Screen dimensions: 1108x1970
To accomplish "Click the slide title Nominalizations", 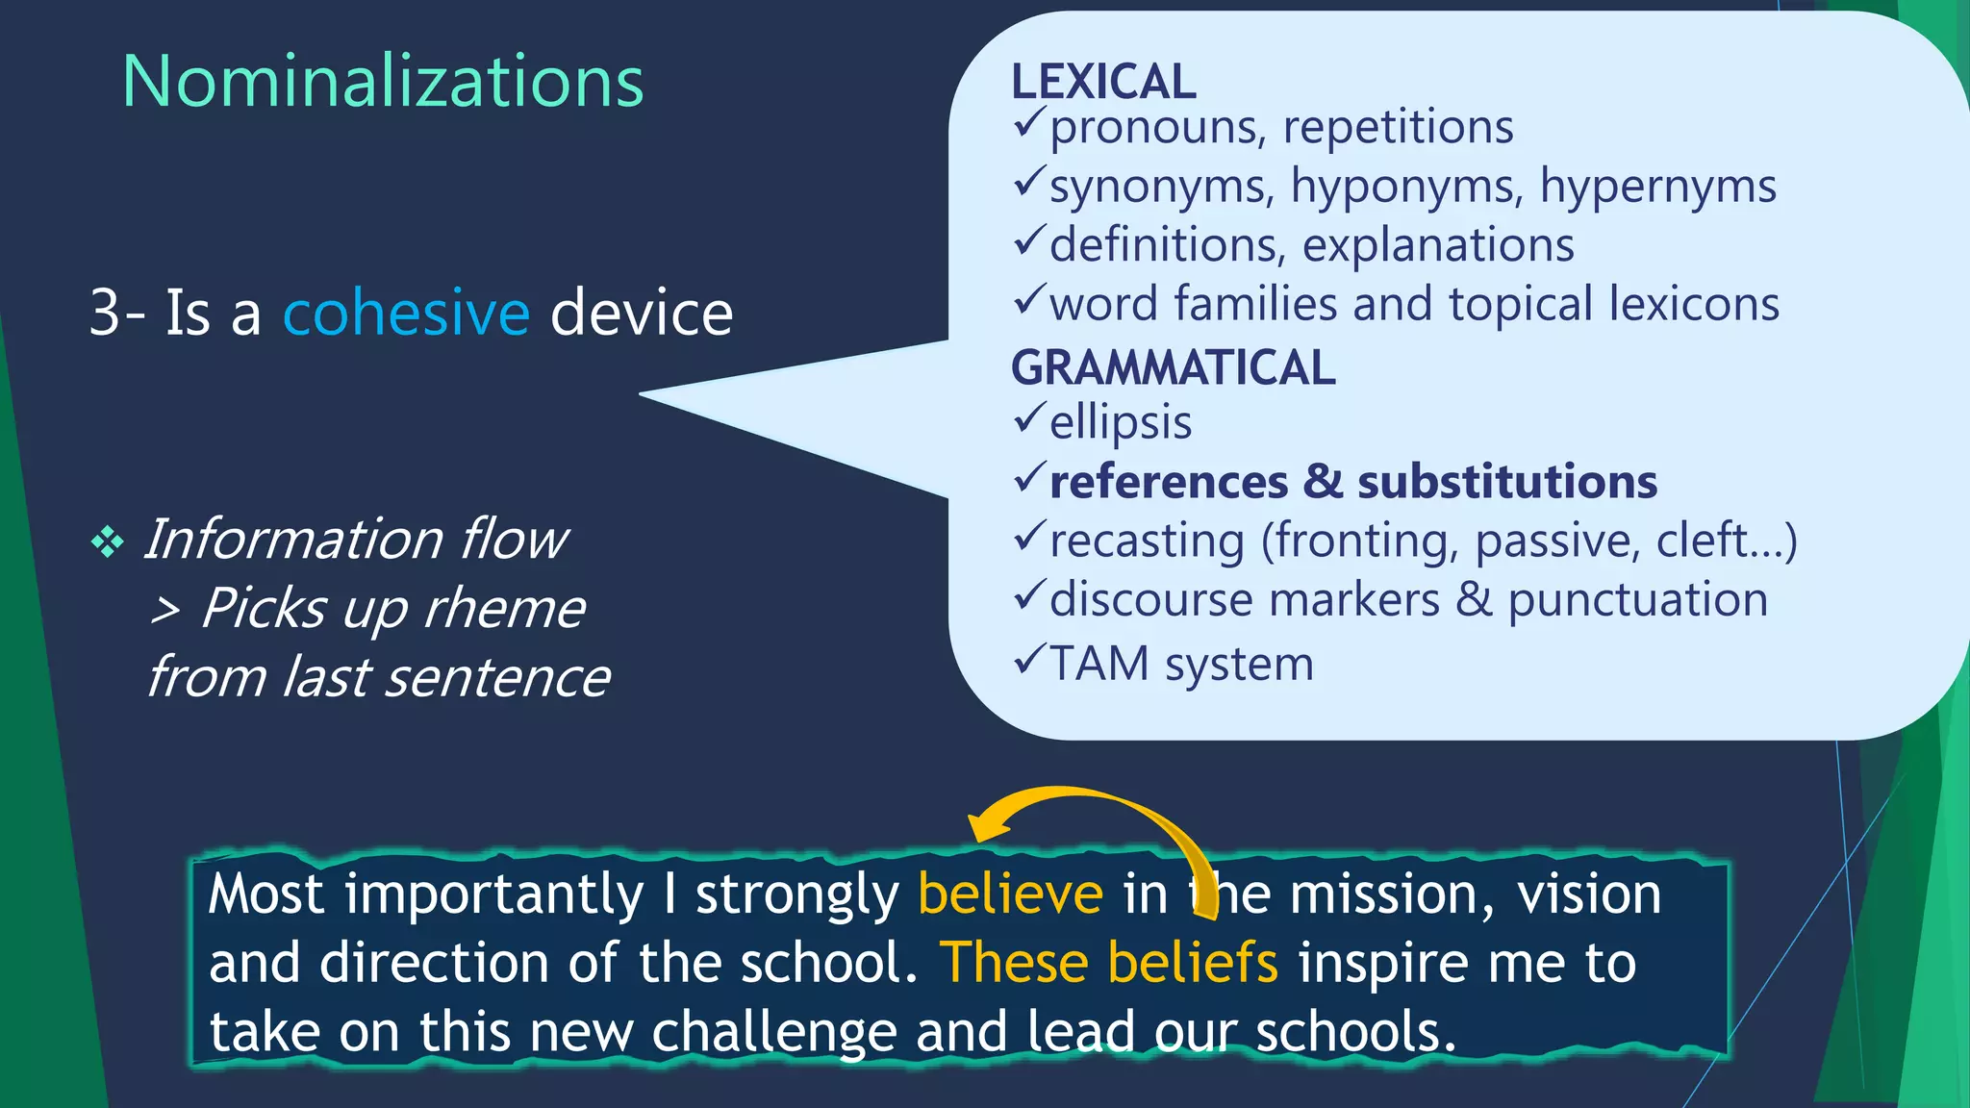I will (383, 82).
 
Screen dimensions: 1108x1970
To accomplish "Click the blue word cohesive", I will (406, 313).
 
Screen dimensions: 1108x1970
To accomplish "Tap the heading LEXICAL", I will (1103, 82).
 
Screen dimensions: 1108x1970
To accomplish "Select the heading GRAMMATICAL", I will (1173, 367).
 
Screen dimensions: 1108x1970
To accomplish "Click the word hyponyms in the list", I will (1407, 186).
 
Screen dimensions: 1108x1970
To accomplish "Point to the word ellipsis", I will (1121, 423).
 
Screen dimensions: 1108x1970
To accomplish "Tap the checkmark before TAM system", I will (1028, 660).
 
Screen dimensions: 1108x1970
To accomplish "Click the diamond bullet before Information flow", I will (107, 542).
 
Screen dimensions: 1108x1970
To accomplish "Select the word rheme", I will (503, 609).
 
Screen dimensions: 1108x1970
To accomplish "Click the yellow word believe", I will (1010, 894).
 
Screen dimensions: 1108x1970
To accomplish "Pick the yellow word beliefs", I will (1193, 963).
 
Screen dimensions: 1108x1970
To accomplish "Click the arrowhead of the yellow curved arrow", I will (983, 827).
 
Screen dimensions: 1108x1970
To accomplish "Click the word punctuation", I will (1637, 600).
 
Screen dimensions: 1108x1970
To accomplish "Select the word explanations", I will (1438, 245).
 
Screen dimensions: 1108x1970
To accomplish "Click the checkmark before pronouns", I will (1028, 123).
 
